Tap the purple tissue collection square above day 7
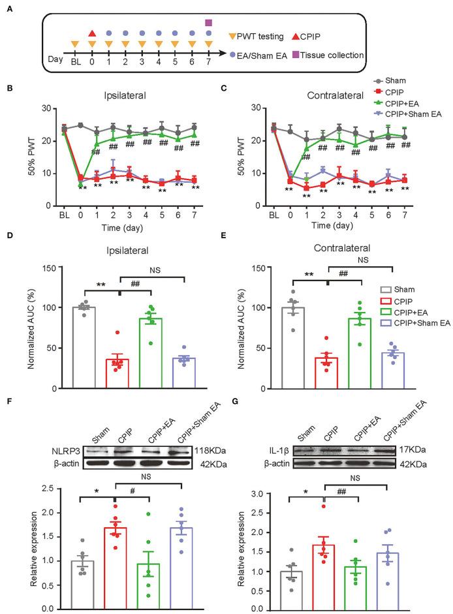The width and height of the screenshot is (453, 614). (209, 23)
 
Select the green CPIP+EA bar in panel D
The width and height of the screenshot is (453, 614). (150, 353)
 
